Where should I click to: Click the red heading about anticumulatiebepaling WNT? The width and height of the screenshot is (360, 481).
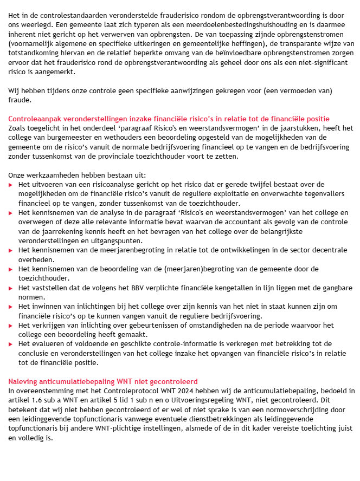pos(103,382)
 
